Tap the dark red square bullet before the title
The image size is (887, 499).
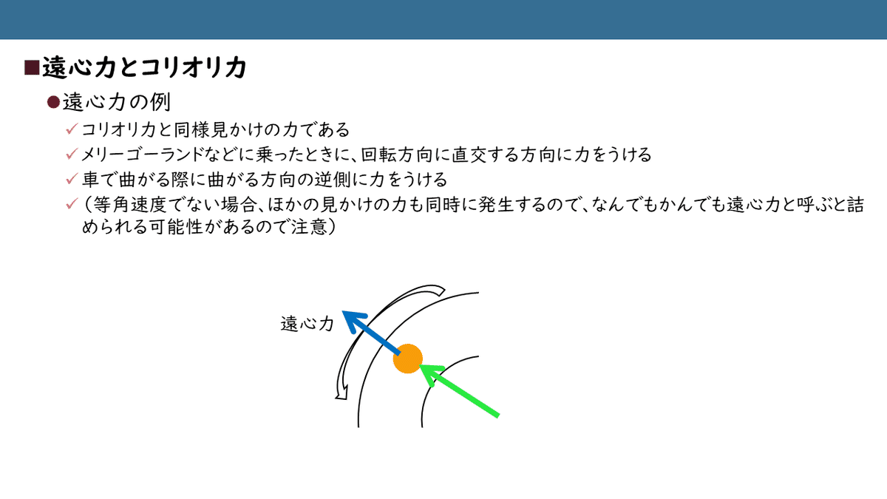(x=31, y=68)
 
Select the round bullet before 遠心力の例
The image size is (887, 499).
(x=53, y=101)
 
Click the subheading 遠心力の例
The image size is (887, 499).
(x=118, y=101)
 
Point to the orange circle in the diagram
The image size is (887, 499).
(x=407, y=359)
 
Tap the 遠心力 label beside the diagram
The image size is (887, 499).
(x=307, y=324)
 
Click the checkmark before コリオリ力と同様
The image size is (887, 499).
(x=72, y=129)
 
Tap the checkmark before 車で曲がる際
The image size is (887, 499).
(x=72, y=179)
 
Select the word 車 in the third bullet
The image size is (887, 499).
(x=89, y=180)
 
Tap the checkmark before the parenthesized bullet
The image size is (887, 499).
(x=72, y=204)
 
